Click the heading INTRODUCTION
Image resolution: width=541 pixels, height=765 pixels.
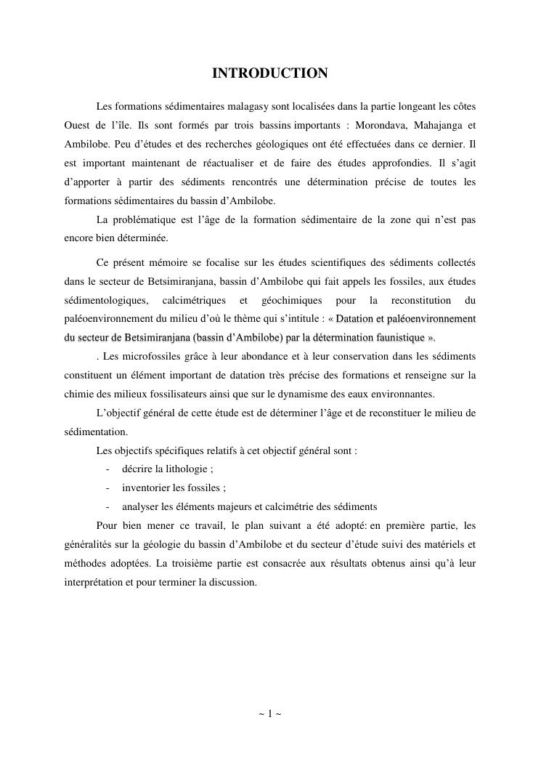269,73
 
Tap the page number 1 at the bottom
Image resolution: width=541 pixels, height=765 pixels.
270,714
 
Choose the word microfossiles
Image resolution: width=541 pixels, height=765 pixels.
142,356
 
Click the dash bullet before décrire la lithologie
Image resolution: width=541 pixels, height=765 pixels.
107,469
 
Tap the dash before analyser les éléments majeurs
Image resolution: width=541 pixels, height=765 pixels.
107,507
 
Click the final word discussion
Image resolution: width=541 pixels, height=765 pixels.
232,583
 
